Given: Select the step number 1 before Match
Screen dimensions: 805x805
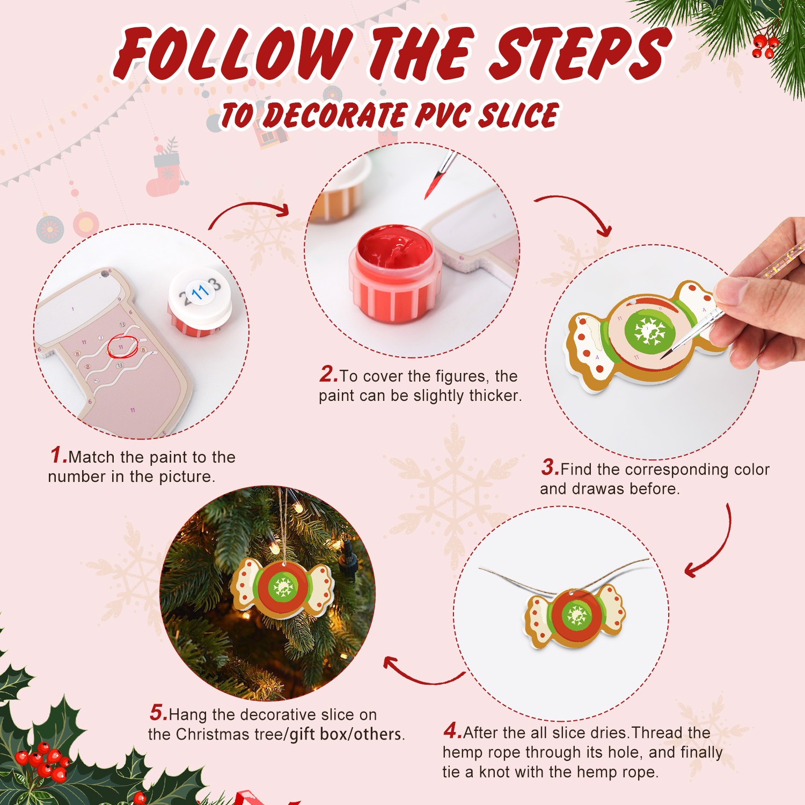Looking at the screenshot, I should coord(57,456).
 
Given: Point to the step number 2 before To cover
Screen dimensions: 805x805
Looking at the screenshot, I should coord(328,375).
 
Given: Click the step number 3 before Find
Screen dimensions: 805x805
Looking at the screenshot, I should coord(550,467).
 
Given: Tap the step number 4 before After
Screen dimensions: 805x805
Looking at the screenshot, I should coord(452,731).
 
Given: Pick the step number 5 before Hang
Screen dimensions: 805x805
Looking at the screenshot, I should coord(158,713).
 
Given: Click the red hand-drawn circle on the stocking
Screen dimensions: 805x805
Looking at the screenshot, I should coord(122,346).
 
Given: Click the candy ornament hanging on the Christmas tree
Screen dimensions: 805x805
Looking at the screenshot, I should coord(283,588).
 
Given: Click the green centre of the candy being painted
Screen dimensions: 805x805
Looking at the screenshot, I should coord(649,331).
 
